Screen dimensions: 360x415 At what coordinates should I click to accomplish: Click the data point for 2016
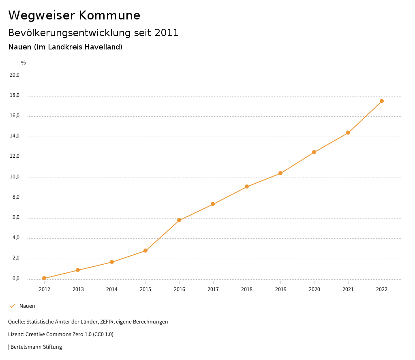(179, 220)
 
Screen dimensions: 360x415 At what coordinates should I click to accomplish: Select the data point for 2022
(382, 101)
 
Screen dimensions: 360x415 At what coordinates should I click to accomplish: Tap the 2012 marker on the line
(44, 278)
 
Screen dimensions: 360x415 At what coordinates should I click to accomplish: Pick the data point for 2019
(280, 173)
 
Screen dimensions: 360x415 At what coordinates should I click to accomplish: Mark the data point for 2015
(145, 251)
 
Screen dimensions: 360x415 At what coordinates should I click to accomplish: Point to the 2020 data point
(314, 152)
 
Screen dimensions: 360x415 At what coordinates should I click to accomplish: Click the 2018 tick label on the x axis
(247, 289)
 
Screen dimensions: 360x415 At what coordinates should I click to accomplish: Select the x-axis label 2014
(112, 289)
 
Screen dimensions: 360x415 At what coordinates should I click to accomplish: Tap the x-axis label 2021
(348, 289)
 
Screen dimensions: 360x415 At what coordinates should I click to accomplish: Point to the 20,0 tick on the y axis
(15, 75)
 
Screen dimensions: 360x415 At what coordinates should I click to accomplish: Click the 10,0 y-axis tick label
(15, 177)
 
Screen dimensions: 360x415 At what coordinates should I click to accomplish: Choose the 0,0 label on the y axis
(16, 279)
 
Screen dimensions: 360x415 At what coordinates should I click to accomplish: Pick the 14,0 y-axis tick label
(15, 136)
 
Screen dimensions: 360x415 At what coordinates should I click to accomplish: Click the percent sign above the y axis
(23, 62)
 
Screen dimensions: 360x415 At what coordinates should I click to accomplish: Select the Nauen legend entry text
(27, 306)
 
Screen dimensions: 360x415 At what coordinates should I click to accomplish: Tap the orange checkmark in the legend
(12, 306)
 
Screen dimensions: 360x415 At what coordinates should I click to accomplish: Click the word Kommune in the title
(109, 15)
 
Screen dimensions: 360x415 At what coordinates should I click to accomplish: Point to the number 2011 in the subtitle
(167, 32)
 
